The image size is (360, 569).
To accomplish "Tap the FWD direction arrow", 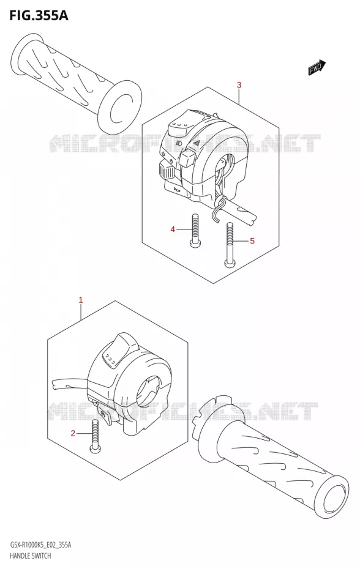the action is (x=317, y=67).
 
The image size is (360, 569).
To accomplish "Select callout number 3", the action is (x=239, y=85).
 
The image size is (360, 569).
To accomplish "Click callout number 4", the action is (x=173, y=229).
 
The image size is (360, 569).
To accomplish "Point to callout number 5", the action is (x=252, y=240).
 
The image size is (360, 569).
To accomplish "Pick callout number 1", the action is (x=81, y=300).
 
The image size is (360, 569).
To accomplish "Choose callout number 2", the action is (x=73, y=433).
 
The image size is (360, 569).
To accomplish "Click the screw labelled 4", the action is (x=195, y=229).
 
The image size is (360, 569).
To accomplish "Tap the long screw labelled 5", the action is (x=230, y=245).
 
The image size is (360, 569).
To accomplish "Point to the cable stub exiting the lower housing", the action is (x=70, y=385).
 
